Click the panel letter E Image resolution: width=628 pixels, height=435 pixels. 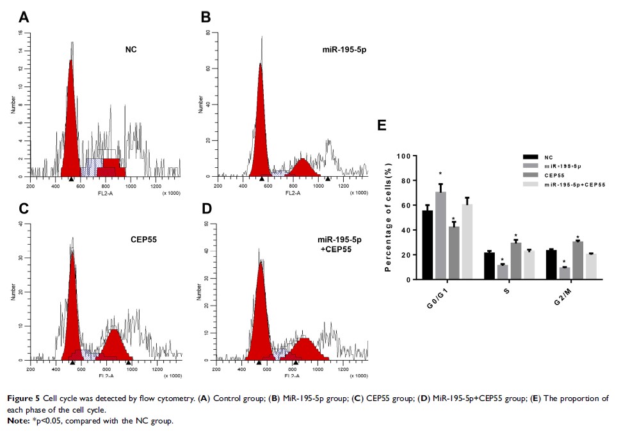(382, 125)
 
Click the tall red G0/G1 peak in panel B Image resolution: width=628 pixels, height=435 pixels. (261, 128)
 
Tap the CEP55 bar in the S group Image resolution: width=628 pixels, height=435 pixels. (516, 261)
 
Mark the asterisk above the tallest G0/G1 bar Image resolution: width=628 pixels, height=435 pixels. (440, 174)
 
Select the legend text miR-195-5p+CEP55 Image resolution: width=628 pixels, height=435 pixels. (575, 184)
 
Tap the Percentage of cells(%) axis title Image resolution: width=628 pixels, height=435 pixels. (388, 218)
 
